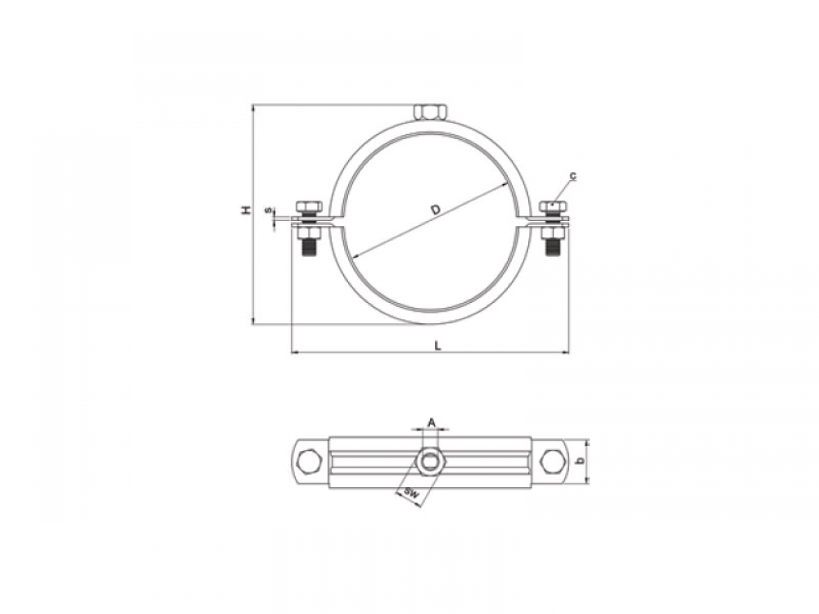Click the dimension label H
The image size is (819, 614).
coord(246,210)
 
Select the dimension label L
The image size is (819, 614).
coord(438,345)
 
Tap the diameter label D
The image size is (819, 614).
coord(436,210)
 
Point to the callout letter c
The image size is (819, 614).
coord(573,176)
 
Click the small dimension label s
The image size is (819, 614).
coord(269,210)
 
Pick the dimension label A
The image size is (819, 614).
coord(432,422)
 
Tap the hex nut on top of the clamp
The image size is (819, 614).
coord(428,111)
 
